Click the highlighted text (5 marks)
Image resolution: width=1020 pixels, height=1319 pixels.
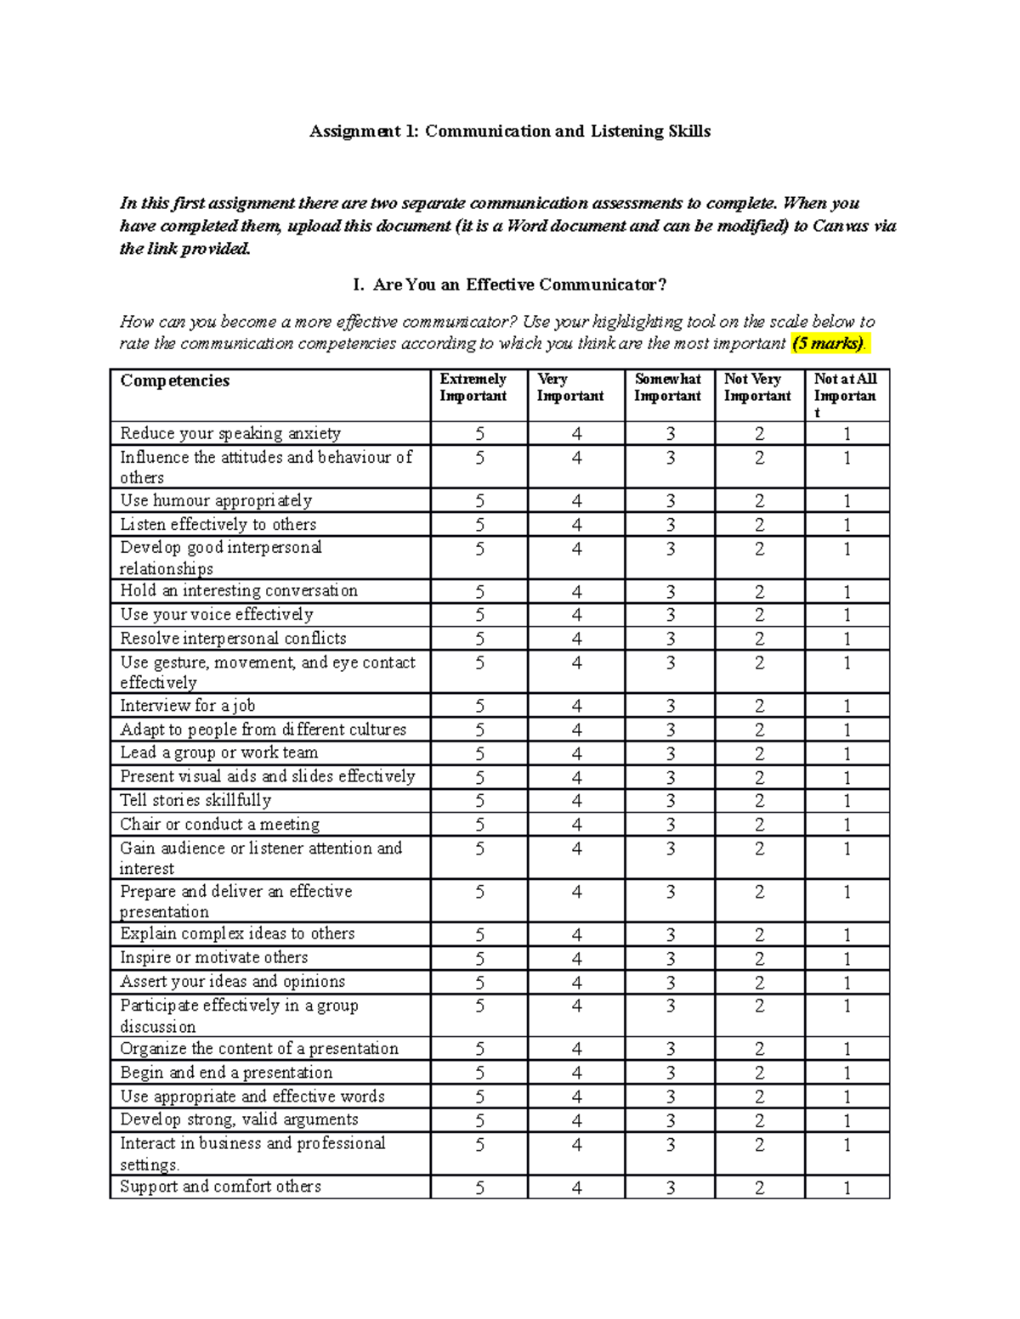[828, 344]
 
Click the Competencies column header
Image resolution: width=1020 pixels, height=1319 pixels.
[175, 380]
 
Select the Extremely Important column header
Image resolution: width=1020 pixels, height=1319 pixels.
[473, 387]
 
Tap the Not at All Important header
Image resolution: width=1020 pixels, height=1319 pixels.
[845, 395]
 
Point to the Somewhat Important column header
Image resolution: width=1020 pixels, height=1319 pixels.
[668, 387]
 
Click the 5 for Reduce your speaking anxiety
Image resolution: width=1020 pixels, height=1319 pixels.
[479, 434]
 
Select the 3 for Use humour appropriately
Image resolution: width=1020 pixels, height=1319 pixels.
[670, 501]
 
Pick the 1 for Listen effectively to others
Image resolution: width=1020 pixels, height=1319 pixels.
[847, 525]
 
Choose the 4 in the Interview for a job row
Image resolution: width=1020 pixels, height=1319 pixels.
[576, 706]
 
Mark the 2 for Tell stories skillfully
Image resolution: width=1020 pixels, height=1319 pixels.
[759, 801]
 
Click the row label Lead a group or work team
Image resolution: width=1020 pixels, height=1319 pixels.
[219, 753]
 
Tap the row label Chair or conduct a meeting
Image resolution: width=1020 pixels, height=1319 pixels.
[220, 824]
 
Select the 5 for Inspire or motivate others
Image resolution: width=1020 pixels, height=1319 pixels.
[479, 959]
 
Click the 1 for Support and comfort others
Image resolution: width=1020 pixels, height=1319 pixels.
[847, 1188]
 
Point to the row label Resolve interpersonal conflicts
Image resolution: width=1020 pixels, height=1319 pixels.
[233, 639]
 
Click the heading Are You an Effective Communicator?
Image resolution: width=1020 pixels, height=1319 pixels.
[518, 285]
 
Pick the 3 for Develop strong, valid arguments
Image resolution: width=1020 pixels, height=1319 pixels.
[670, 1120]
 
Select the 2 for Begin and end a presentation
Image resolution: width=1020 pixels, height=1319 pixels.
[759, 1074]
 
